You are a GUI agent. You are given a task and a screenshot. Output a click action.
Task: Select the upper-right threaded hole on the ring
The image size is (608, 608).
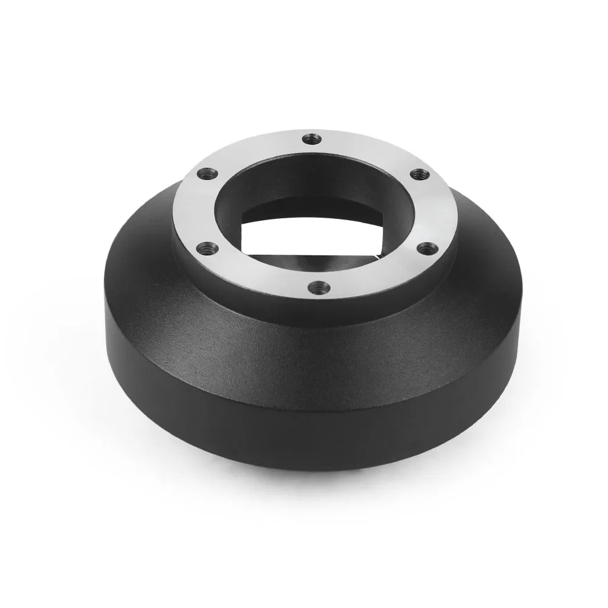[x=417, y=174]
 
